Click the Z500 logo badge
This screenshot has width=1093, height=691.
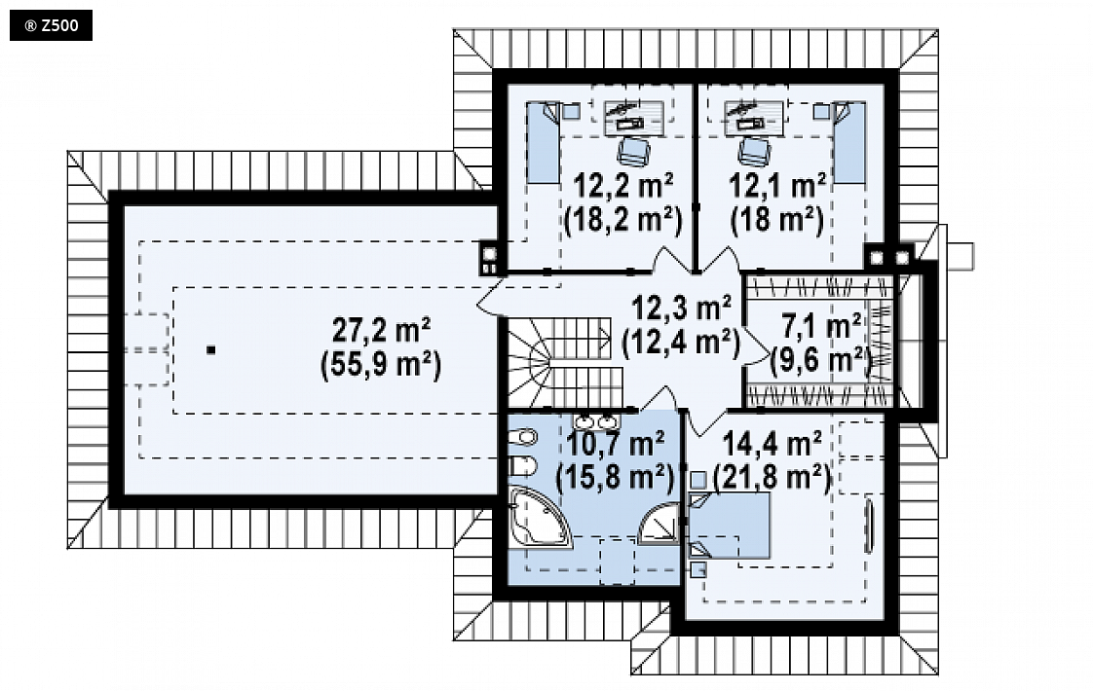[51, 26]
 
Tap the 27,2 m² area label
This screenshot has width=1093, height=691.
[381, 330]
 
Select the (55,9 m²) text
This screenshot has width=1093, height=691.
[381, 364]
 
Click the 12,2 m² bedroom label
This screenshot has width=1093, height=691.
[623, 186]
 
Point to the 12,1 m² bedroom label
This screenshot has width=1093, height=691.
[777, 186]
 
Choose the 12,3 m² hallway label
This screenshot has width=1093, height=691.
[681, 308]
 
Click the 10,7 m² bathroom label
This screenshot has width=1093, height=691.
[615, 443]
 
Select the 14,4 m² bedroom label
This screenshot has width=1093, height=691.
[772, 443]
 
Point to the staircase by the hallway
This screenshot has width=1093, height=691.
[557, 361]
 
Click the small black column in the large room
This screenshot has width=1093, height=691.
[211, 350]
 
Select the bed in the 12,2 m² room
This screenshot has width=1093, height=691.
[543, 143]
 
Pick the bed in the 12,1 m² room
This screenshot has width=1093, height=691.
[849, 143]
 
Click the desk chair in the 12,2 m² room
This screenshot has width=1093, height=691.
[633, 151]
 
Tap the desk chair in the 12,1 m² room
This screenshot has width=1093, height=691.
[754, 151]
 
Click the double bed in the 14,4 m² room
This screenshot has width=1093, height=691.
[729, 526]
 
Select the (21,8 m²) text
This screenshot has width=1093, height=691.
[773, 479]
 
